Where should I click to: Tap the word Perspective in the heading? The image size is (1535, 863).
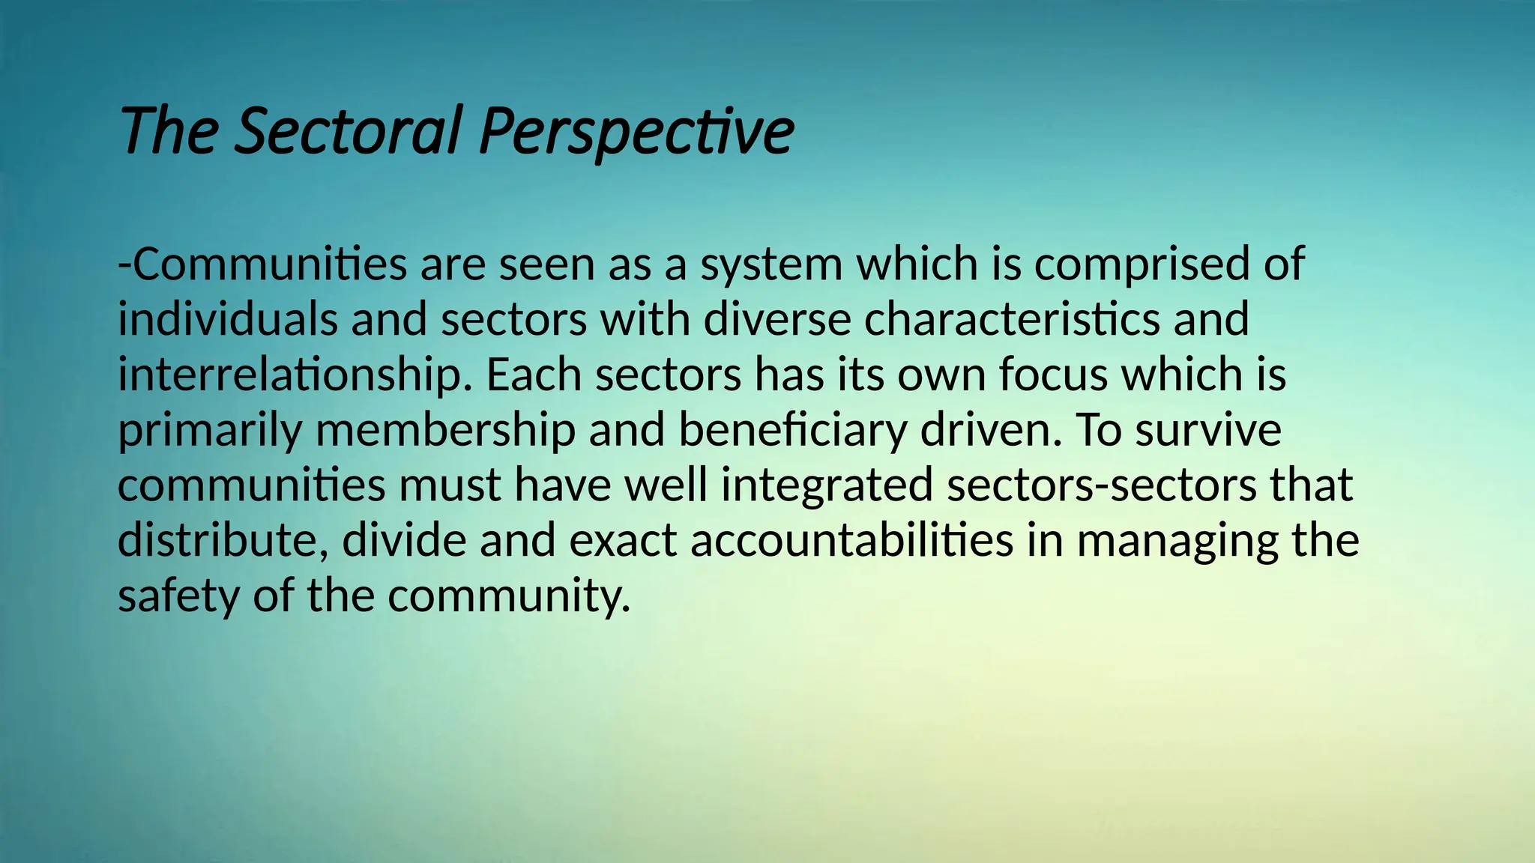click(x=636, y=131)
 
